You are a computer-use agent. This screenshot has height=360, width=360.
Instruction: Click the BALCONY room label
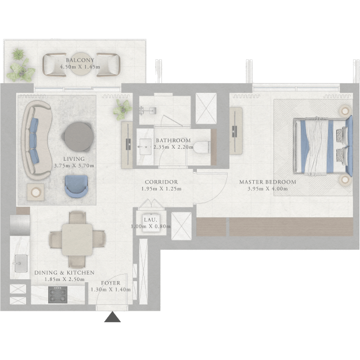pos(80,60)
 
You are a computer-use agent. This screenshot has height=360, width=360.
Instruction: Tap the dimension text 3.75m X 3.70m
pos(74,165)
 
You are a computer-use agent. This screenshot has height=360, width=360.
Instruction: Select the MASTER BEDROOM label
pos(268,182)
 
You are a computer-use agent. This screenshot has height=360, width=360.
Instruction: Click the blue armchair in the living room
pos(77,186)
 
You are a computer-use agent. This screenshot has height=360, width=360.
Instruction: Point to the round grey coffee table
pos(78,136)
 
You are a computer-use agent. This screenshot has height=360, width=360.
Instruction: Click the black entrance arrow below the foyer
pos(112,317)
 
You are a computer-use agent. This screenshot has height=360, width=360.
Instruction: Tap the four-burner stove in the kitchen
pos(57,294)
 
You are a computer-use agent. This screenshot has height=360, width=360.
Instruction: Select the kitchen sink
pos(21,263)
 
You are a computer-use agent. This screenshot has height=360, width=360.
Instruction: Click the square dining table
pos(77,240)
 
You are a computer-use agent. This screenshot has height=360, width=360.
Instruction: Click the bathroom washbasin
pos(145,146)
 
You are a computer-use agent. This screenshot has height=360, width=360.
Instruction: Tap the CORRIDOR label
pos(161,182)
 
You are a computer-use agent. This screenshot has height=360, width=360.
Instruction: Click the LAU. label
pos(150,220)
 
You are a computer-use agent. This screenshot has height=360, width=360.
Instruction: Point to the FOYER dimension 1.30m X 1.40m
pos(111,290)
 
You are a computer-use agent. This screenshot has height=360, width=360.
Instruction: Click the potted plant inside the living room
pos(123,109)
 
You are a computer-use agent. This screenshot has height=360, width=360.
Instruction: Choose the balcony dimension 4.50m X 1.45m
pos(80,67)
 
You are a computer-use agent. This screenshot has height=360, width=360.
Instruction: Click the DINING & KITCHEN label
pos(64,273)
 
